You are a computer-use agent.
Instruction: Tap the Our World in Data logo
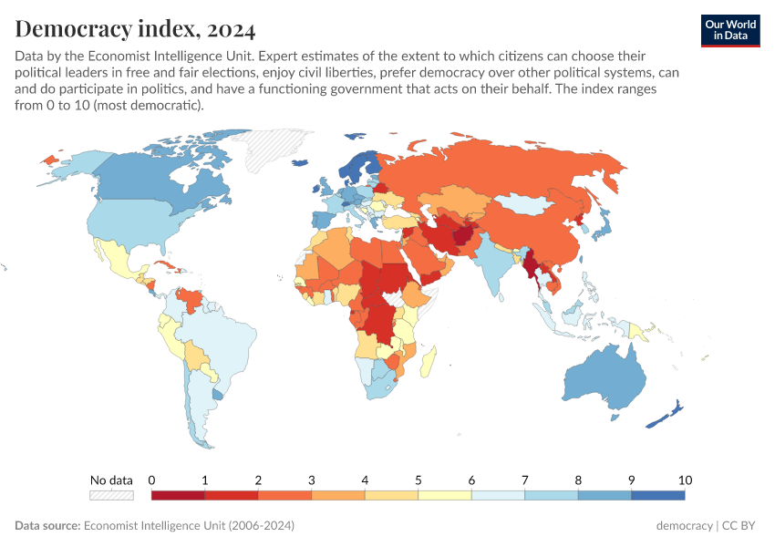tap(730, 30)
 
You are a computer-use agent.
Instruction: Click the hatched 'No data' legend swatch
tap(111, 495)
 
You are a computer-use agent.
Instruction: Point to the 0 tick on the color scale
tap(151, 480)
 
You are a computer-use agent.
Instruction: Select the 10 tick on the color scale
tap(685, 480)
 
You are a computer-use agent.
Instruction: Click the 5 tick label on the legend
tap(418, 480)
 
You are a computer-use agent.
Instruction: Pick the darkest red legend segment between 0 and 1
tap(178, 495)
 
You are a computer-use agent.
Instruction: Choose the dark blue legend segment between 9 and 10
tap(657, 495)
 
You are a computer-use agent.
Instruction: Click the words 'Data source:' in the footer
tap(46, 526)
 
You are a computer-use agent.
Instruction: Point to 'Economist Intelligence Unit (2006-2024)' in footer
tap(189, 526)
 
